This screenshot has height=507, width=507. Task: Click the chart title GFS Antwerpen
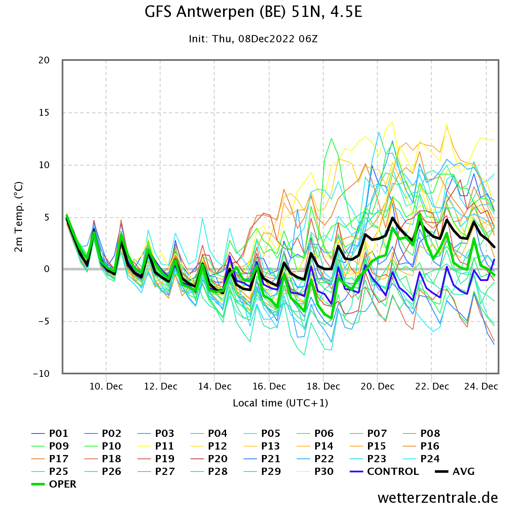coord(253,12)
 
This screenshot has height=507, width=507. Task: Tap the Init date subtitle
coord(253,39)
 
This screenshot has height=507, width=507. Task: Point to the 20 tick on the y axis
coord(44,60)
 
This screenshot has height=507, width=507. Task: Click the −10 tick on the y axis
coord(41,373)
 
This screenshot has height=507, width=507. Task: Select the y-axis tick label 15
coord(44,113)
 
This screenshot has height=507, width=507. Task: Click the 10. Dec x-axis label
coord(106,386)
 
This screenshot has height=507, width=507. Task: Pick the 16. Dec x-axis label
coord(269,386)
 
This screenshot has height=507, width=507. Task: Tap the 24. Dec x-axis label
coord(481,386)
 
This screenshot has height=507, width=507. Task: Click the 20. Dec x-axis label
coord(377,386)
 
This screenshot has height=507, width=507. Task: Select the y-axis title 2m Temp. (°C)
coord(19,217)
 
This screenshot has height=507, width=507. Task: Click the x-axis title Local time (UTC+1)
coord(281,403)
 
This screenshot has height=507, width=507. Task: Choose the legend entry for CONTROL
coord(384,471)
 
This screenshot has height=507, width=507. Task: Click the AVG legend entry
coord(455,471)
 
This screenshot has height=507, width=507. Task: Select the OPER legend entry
coord(54,484)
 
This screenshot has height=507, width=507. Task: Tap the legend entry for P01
coord(50,433)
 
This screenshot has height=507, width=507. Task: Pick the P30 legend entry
coord(315,471)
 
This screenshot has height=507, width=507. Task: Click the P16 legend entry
coord(421,446)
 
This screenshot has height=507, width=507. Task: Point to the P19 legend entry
coord(156,458)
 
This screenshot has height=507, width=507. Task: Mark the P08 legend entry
coord(421,433)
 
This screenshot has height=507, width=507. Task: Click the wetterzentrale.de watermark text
coord(438,497)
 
